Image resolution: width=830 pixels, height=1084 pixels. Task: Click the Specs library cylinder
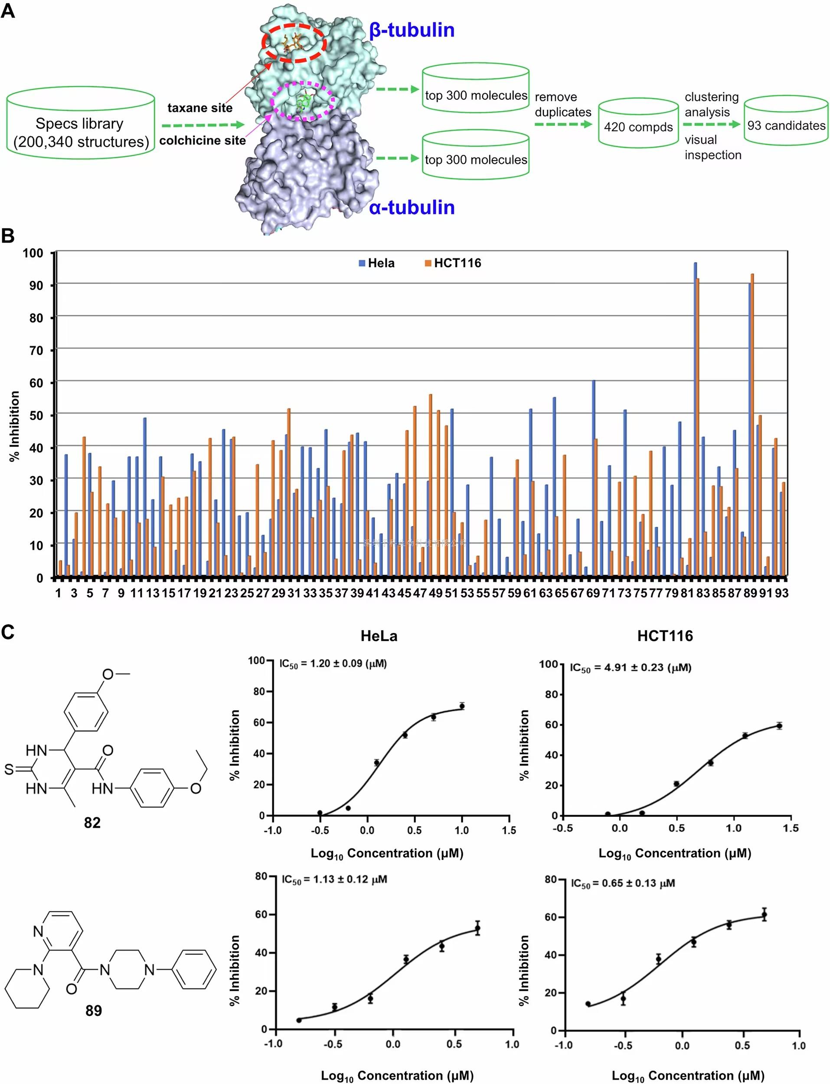coord(81,124)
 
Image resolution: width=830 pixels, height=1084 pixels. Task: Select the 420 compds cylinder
coord(638,124)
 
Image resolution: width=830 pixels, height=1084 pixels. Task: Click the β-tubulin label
coord(412,30)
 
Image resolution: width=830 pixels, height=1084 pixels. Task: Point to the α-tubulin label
coord(412,207)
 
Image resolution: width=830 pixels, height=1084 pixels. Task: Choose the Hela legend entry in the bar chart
coord(377,263)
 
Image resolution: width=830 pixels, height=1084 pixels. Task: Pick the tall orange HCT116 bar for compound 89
coord(752,424)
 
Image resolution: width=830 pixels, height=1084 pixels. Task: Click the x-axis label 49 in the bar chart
coord(435,593)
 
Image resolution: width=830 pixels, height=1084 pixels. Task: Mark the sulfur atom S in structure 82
coord(9,769)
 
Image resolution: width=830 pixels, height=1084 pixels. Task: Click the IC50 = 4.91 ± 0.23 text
coord(631,668)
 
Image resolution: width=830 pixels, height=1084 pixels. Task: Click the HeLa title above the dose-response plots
coord(379,636)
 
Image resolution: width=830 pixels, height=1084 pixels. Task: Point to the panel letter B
coord(8,235)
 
